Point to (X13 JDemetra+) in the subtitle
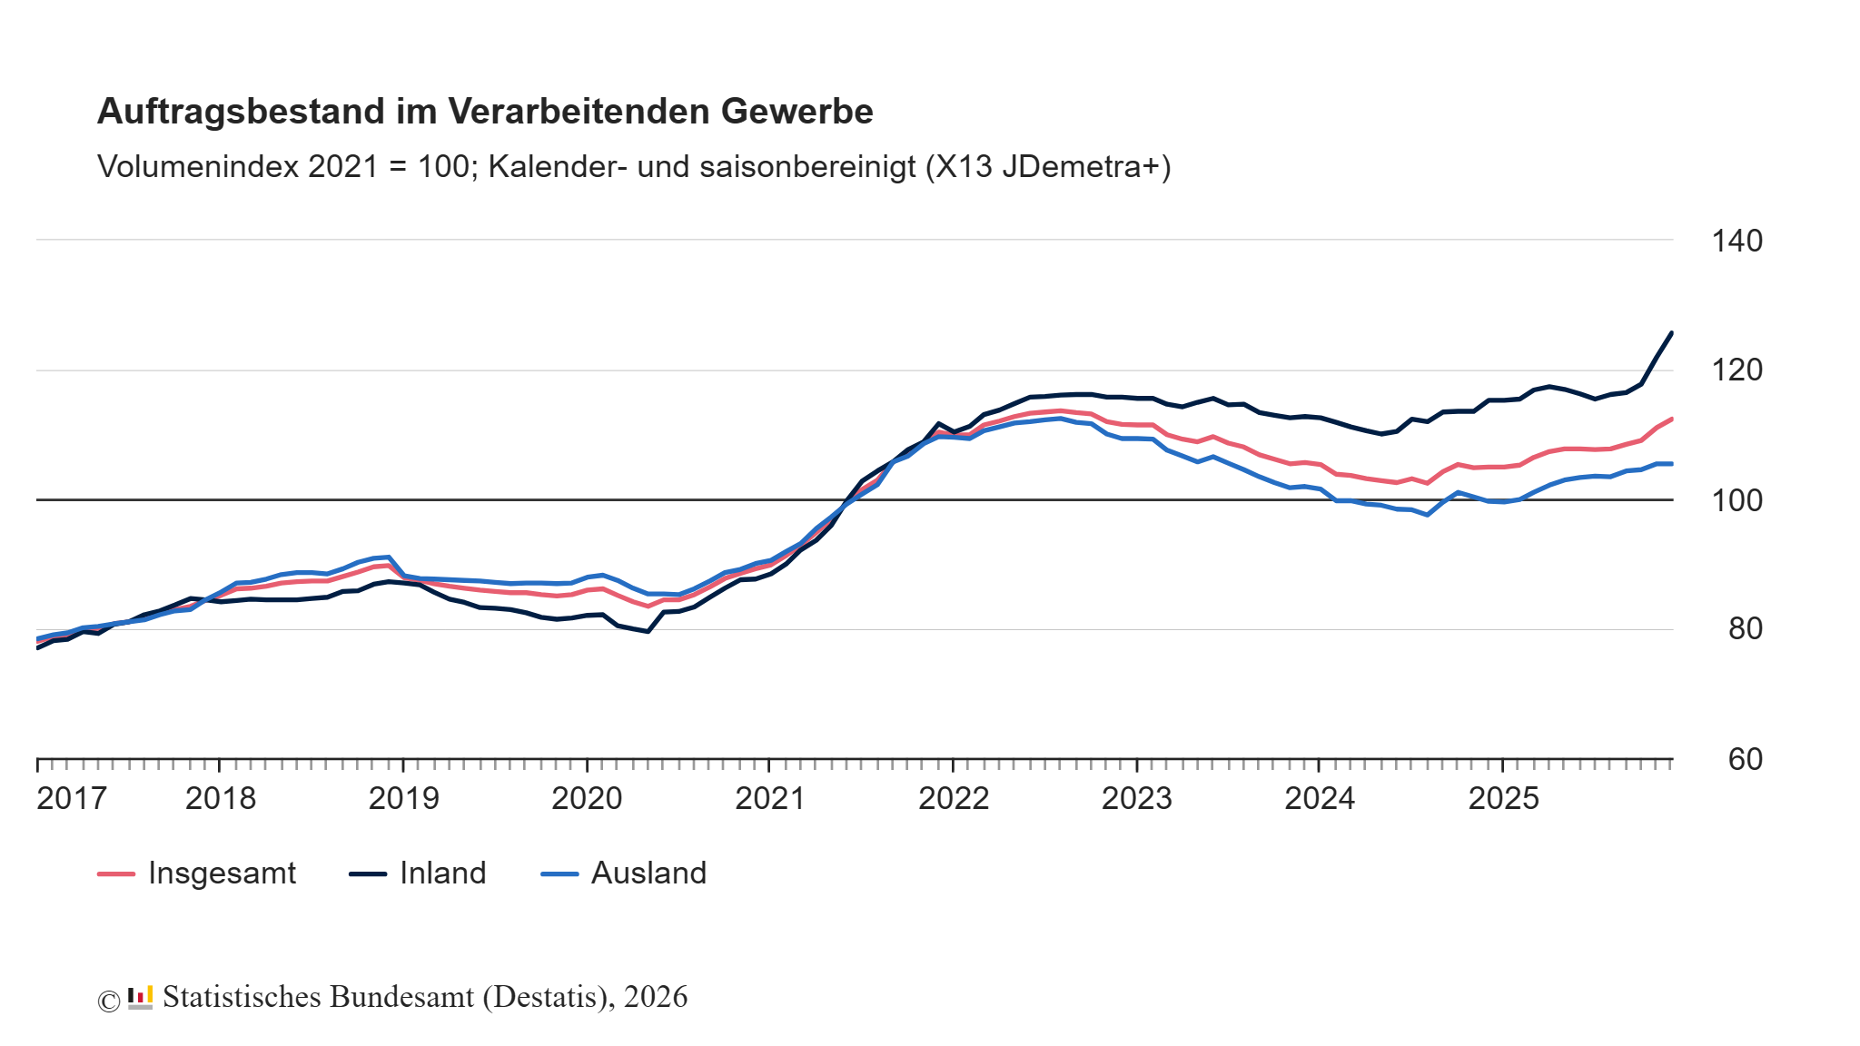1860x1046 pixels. point(1048,167)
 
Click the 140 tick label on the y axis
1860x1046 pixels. point(1736,242)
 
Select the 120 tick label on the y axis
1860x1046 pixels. point(1736,370)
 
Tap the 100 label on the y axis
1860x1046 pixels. point(1736,500)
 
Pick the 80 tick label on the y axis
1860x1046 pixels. point(1745,629)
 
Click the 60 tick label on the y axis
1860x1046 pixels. point(1745,759)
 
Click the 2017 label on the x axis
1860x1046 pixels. point(72,799)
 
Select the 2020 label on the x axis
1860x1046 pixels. point(587,799)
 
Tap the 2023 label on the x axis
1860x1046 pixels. point(1136,799)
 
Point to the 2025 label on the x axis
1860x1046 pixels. point(1503,799)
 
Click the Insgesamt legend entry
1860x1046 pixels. point(221,873)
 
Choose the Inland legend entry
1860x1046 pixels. point(442,873)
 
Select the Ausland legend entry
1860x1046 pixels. point(648,873)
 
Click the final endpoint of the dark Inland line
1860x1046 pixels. point(1672,333)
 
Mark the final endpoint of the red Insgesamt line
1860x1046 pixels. point(1672,419)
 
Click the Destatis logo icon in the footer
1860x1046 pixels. point(140,998)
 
